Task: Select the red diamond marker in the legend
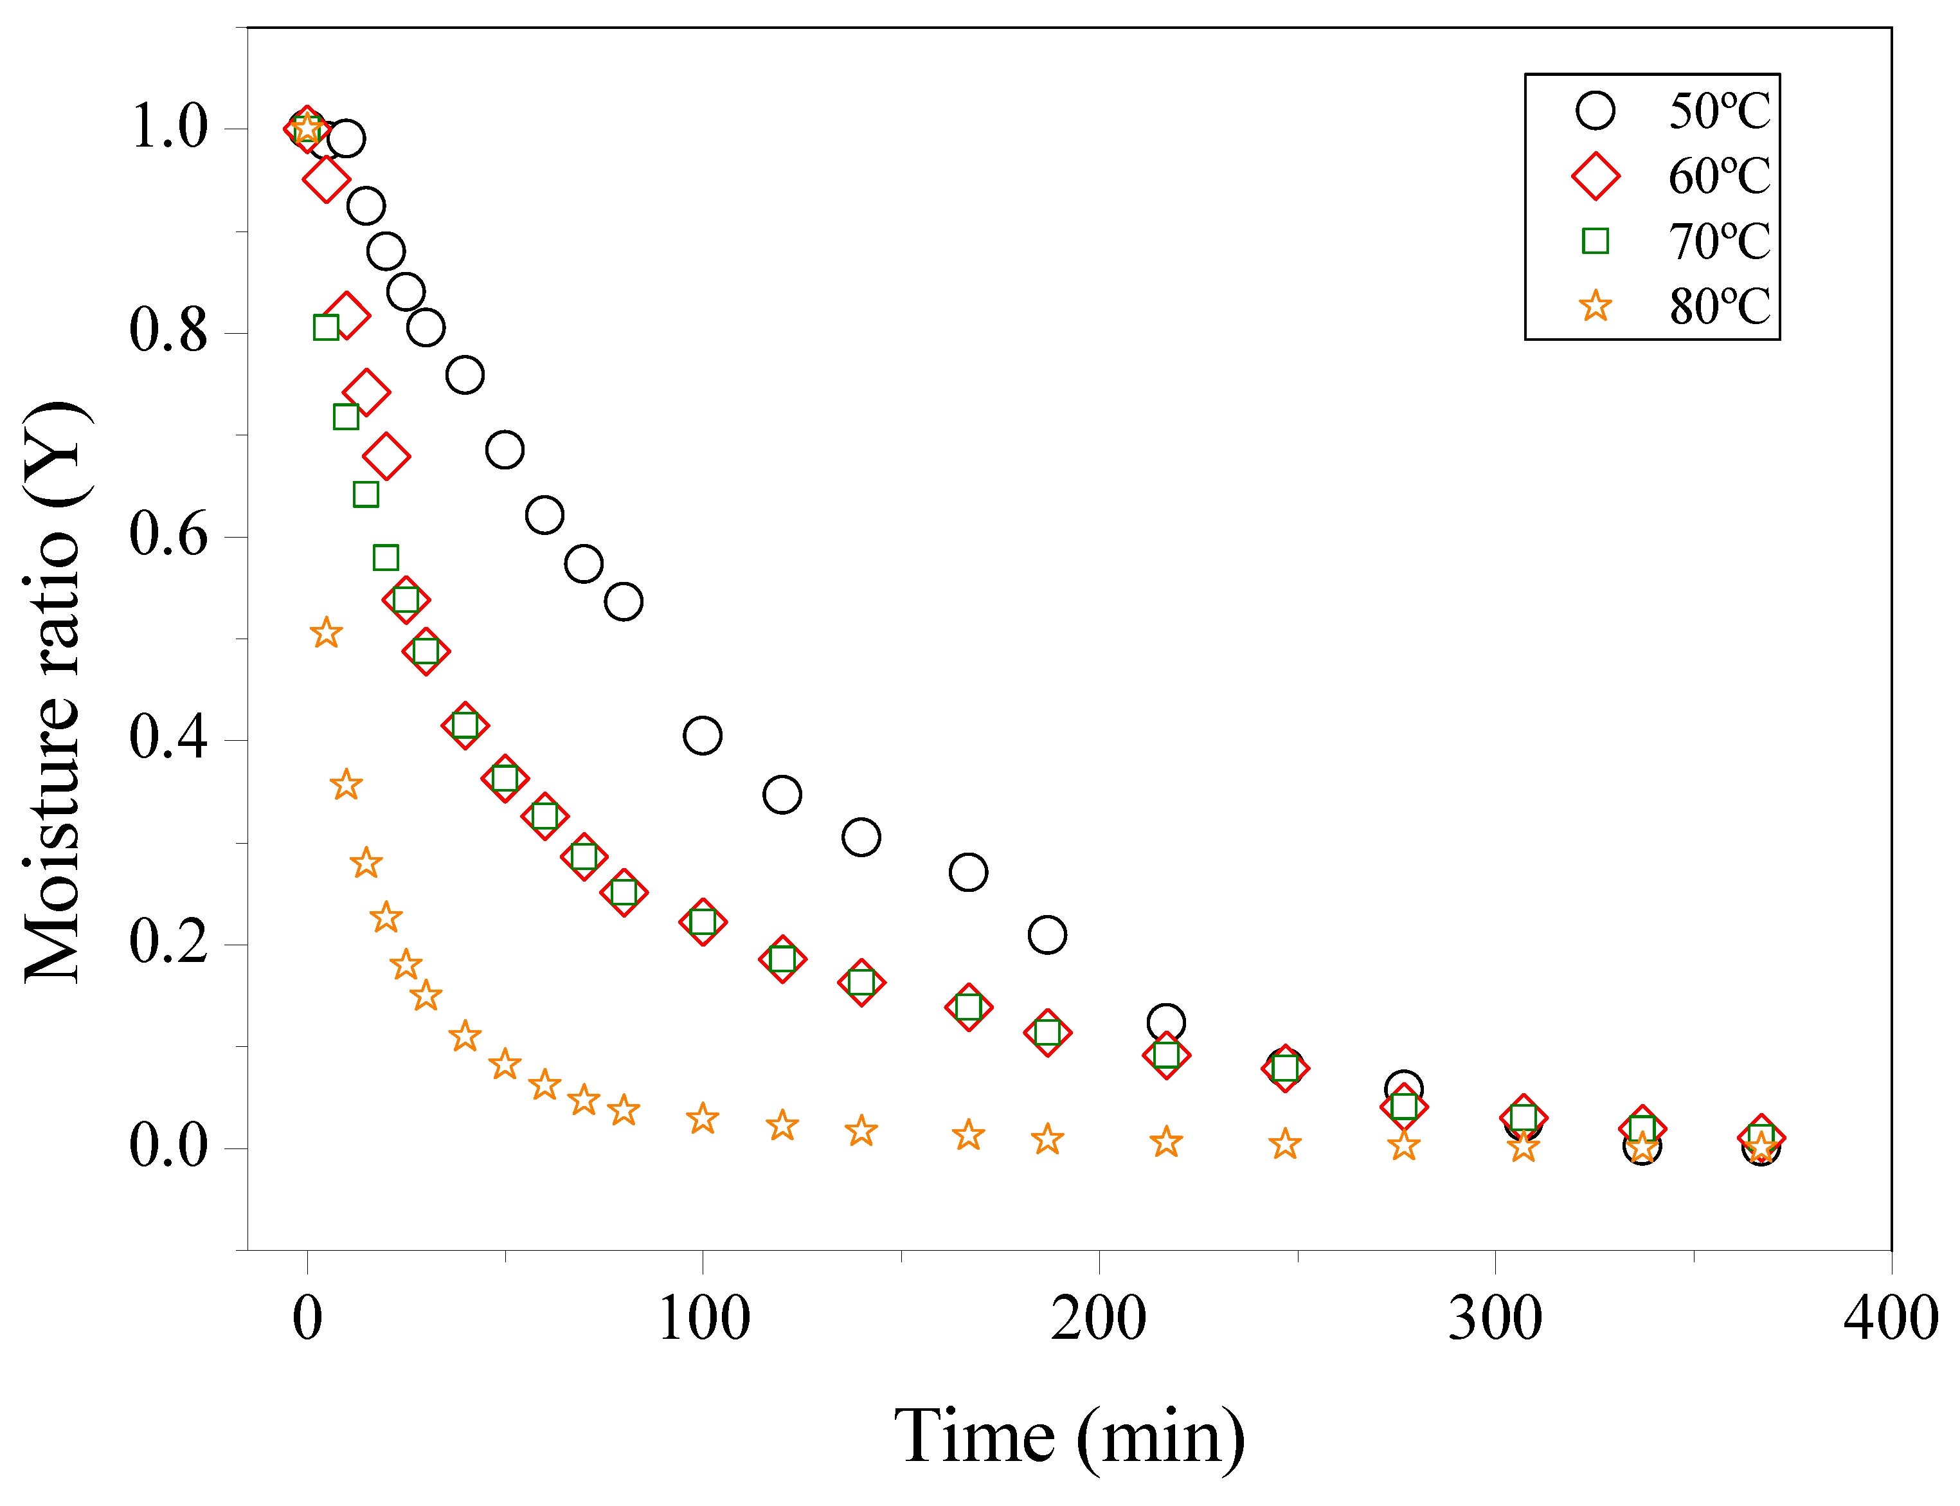(1596, 176)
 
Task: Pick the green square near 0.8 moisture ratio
(326, 327)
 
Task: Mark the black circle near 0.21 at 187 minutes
(1047, 935)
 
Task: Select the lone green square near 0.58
(385, 558)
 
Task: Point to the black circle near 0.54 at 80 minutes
(623, 601)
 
